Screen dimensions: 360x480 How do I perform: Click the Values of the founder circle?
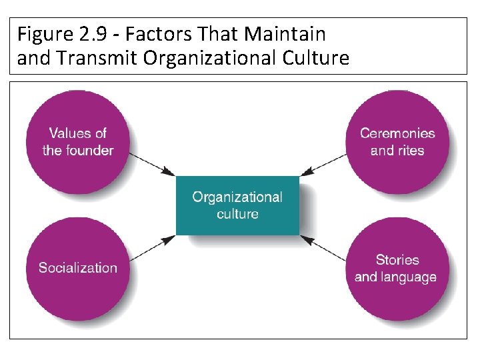click(78, 141)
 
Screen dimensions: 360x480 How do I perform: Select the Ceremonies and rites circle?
click(397, 141)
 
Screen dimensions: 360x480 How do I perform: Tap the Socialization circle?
click(78, 267)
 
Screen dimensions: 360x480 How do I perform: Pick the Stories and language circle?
click(397, 267)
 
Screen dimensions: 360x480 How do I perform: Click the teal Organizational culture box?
click(237, 205)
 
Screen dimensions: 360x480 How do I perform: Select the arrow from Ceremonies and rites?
click(323, 165)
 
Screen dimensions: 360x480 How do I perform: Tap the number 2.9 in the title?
click(93, 33)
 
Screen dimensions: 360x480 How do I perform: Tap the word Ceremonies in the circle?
click(397, 133)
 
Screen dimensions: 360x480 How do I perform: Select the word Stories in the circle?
click(397, 259)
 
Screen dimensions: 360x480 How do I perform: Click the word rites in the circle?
click(411, 151)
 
